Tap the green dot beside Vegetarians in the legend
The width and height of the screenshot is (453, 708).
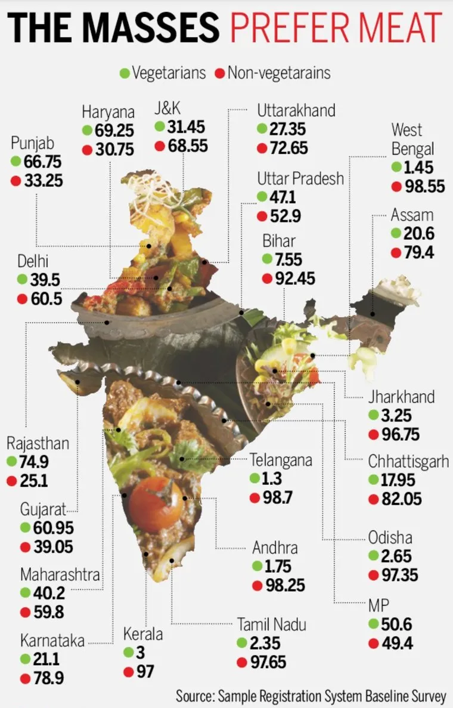point(125,73)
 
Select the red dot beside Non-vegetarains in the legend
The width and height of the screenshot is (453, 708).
point(220,73)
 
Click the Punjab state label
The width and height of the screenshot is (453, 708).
point(33,143)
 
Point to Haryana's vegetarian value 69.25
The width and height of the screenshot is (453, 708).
point(114,131)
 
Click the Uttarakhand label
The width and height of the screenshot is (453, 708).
point(296,110)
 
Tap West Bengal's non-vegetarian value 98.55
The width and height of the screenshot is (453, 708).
point(424,186)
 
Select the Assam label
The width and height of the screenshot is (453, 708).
point(412,215)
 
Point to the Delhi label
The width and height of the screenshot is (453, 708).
point(33,261)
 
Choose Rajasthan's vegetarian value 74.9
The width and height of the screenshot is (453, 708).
point(34,462)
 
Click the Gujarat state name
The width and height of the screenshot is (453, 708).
point(44,509)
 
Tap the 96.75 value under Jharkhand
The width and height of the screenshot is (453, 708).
point(401,434)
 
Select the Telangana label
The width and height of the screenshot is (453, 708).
point(281,460)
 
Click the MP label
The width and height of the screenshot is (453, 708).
point(378,605)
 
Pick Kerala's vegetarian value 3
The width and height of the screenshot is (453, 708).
point(140,653)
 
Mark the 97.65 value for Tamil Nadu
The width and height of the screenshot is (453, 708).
point(268,662)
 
